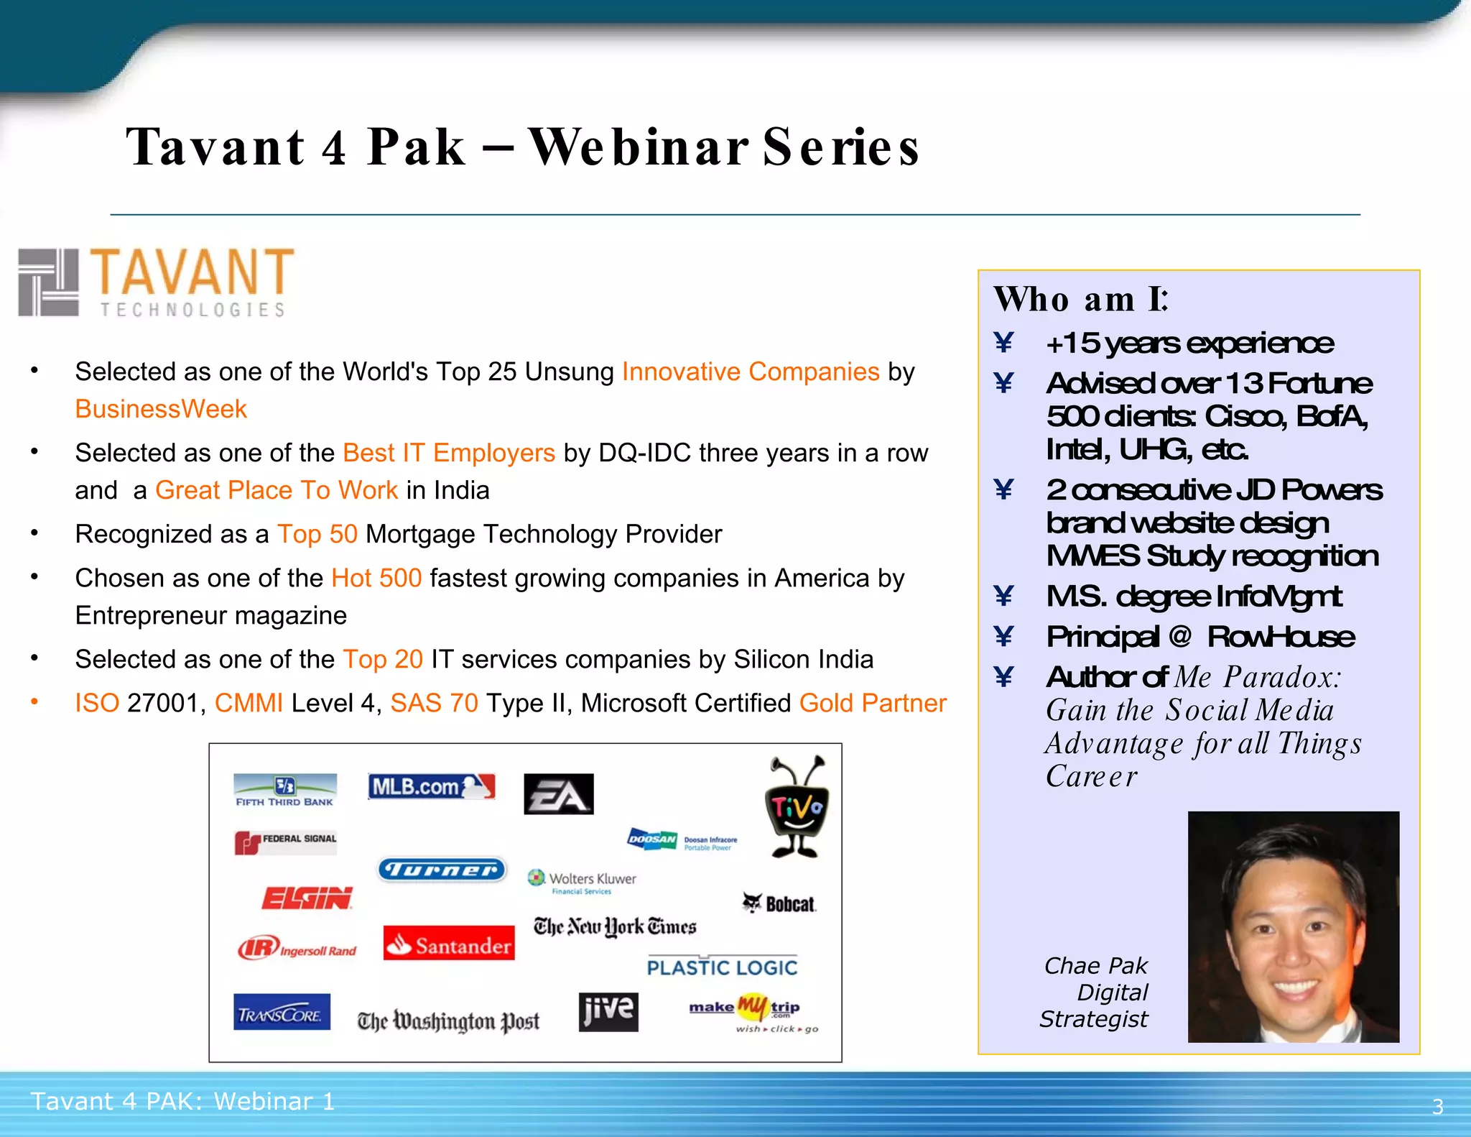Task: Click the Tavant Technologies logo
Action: pos(157,282)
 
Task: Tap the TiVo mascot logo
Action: pos(797,807)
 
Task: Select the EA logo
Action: pos(559,794)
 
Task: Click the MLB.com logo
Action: pos(431,786)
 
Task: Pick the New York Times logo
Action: pos(615,927)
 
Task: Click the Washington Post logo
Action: pos(448,1021)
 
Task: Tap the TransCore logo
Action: pos(282,1013)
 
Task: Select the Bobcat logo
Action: pos(780,903)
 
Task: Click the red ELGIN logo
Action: pos(307,898)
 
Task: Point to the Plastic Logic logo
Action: pos(722,967)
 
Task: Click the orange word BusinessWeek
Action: pos(161,409)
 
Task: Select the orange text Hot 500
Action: pos(376,578)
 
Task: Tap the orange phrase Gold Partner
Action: pos(873,703)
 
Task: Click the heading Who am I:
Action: pos(1081,299)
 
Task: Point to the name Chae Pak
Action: pos(1095,965)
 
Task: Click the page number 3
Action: pos(1437,1106)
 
